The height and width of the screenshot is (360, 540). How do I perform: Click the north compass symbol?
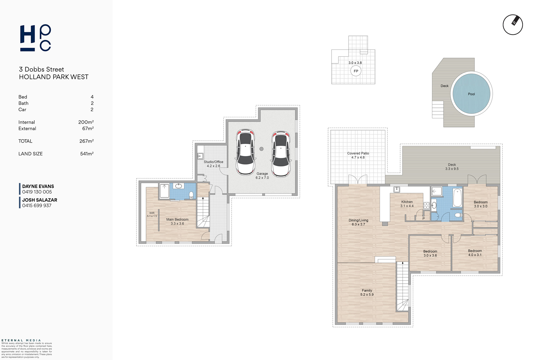tap(513, 25)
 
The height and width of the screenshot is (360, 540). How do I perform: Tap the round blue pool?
tap(471, 94)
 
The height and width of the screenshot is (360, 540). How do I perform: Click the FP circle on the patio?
tap(356, 71)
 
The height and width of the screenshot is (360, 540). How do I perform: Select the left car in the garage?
tap(245, 152)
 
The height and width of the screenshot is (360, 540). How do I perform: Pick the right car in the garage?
tap(281, 154)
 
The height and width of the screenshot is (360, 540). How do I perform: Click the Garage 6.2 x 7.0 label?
tap(262, 176)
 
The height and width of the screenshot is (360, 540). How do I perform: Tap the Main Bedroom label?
tap(177, 221)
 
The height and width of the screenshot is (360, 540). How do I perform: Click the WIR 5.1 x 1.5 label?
tap(152, 214)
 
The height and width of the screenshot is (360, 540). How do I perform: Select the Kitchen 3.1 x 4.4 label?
tap(407, 204)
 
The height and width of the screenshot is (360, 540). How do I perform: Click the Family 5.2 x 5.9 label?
tap(367, 292)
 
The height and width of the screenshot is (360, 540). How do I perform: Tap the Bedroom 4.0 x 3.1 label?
tap(475, 253)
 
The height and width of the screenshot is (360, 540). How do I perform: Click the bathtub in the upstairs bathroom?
tap(457, 198)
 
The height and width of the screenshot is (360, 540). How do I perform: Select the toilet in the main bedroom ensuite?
tap(191, 195)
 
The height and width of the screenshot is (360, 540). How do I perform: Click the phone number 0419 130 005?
tap(37, 192)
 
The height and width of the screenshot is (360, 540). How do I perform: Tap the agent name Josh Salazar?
tap(40, 200)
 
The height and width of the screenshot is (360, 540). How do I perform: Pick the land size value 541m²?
tap(87, 154)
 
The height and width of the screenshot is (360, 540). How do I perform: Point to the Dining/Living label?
tap(358, 222)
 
